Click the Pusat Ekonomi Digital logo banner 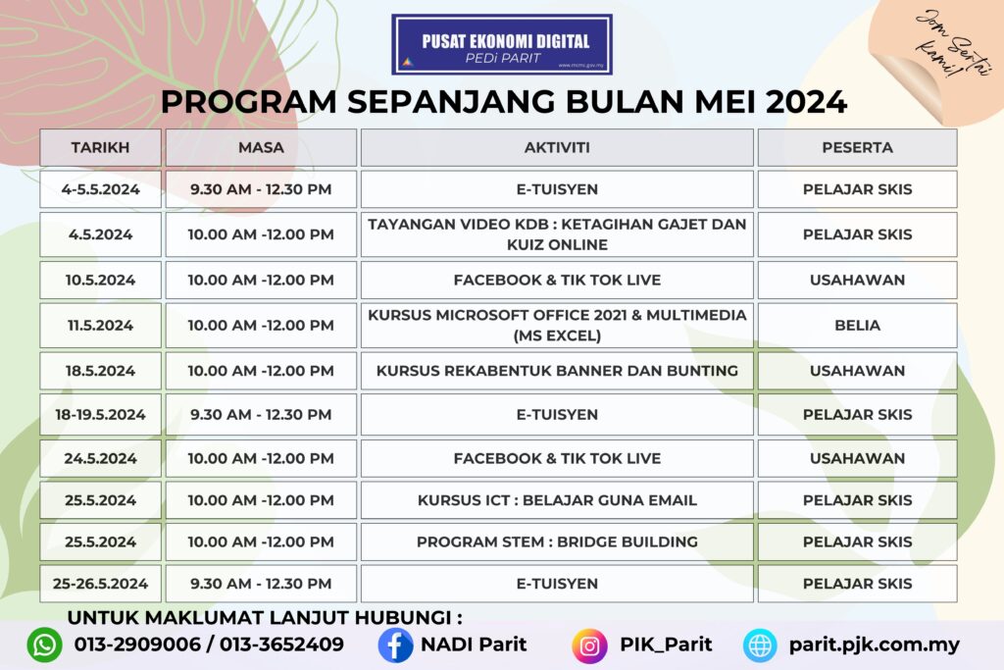click(x=501, y=44)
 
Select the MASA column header click(x=261, y=148)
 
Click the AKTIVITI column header click(x=557, y=148)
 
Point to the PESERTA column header click(x=857, y=148)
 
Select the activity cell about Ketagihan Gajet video click(x=557, y=234)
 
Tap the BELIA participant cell click(x=857, y=325)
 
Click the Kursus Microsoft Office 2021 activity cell click(x=557, y=325)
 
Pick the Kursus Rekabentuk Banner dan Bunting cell click(x=557, y=371)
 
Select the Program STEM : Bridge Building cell click(x=557, y=541)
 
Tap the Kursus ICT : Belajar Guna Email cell click(x=557, y=500)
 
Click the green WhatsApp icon click(x=44, y=645)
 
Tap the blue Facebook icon click(x=395, y=645)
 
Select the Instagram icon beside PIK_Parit click(x=589, y=645)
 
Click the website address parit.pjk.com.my click(x=874, y=645)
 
